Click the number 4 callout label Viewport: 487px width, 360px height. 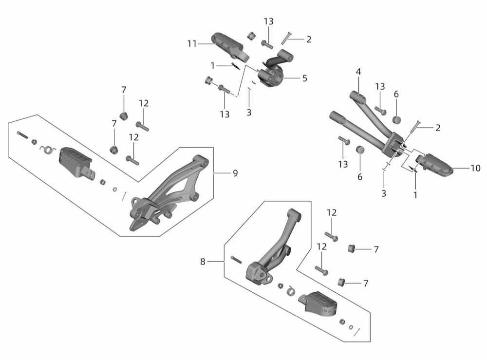tap(358, 72)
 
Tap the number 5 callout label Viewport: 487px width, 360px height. tap(305, 78)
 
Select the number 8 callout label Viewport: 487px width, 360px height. tap(203, 262)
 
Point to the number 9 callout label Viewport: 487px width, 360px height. tap(235, 173)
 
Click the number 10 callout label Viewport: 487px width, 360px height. tap(475, 168)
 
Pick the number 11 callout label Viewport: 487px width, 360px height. tap(192, 44)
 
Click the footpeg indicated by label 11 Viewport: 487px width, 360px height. tap(230, 46)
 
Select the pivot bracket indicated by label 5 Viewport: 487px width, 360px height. tap(271, 71)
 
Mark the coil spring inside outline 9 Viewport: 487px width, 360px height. tap(48, 150)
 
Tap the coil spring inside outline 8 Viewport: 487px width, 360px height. tap(291, 290)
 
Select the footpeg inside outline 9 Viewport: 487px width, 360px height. tap(75, 162)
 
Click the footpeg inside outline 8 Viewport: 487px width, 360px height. tap(319, 304)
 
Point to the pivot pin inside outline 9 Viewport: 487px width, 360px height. tap(23, 135)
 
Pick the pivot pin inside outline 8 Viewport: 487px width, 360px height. tap(236, 260)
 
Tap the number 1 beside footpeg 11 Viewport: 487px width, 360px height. tap(213, 66)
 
